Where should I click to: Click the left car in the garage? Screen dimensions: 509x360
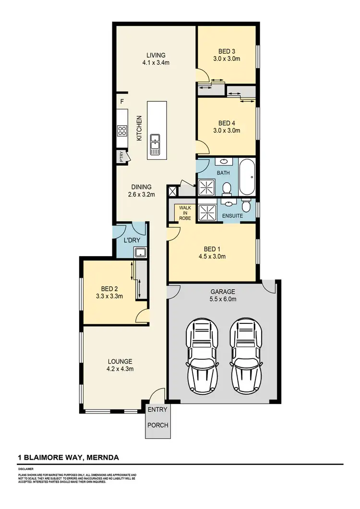[202, 356]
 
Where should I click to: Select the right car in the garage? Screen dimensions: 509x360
[247, 356]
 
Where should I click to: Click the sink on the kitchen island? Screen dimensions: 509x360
[155, 143]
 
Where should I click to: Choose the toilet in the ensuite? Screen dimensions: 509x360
[246, 206]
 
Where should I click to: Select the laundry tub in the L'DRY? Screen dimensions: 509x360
[140, 253]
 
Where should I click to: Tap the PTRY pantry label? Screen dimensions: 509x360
[121, 156]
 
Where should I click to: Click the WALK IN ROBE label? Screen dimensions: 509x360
[185, 213]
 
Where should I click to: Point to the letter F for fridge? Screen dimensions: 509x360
[122, 102]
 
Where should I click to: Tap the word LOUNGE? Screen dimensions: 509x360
[120, 361]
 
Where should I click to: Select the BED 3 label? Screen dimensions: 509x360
[227, 51]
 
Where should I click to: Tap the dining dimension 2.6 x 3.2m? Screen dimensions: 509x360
[141, 195]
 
